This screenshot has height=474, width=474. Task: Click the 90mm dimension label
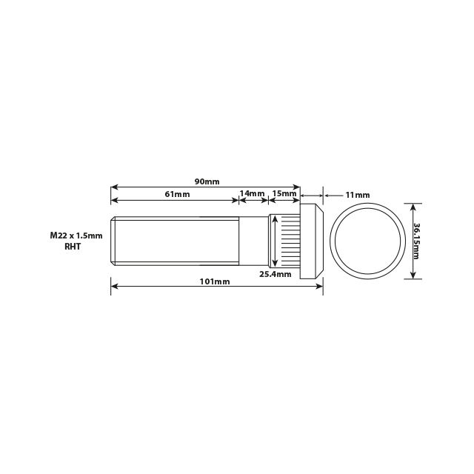tap(207, 181)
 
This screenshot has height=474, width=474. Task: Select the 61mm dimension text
tap(177, 194)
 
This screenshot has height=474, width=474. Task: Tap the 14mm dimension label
tap(252, 194)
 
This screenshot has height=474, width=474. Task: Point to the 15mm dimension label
tap(284, 194)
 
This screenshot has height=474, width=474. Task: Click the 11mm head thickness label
tap(358, 195)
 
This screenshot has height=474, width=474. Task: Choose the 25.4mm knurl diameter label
tap(273, 273)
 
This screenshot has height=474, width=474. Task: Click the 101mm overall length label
tap(216, 281)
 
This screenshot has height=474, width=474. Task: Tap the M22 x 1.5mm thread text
tap(76, 235)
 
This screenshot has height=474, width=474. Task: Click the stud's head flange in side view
tap(311, 241)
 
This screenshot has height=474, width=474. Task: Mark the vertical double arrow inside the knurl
tap(276, 241)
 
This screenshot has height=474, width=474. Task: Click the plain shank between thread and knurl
tap(253, 240)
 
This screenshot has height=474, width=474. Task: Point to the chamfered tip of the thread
tap(113, 240)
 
